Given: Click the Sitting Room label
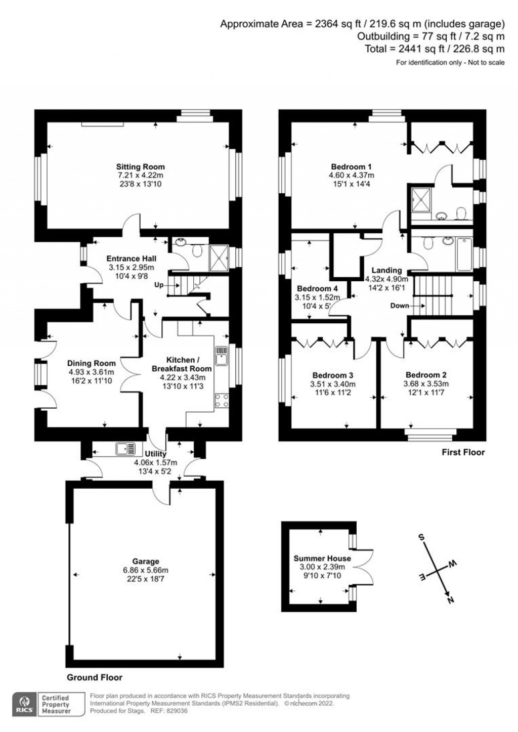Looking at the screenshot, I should [140, 167].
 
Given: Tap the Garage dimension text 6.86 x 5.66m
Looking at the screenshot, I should [146, 570].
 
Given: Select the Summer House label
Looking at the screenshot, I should [322, 558].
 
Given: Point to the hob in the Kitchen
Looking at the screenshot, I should [222, 401].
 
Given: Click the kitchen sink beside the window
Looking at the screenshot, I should [221, 356].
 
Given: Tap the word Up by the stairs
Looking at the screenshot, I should [159, 285].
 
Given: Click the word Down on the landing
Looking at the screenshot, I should [400, 306].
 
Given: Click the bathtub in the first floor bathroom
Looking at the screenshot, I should [464, 254].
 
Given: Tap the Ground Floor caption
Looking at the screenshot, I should [95, 677].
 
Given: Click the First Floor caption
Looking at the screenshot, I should [463, 452].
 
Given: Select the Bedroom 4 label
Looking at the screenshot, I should [317, 289].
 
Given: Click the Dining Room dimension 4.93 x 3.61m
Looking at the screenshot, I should [92, 372].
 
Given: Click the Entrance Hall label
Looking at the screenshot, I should [130, 259].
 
